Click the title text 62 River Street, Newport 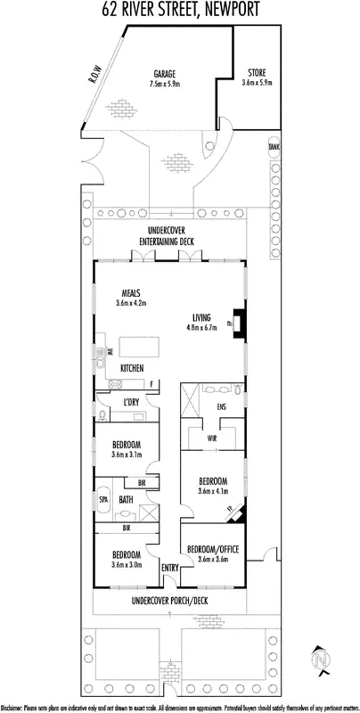coord(180,11)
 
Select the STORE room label coord(257,73)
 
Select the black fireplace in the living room coord(239,318)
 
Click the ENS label coord(222,406)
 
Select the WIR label coord(213,438)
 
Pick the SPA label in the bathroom coord(103,500)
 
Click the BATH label coord(127,500)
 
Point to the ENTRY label coord(168,568)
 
